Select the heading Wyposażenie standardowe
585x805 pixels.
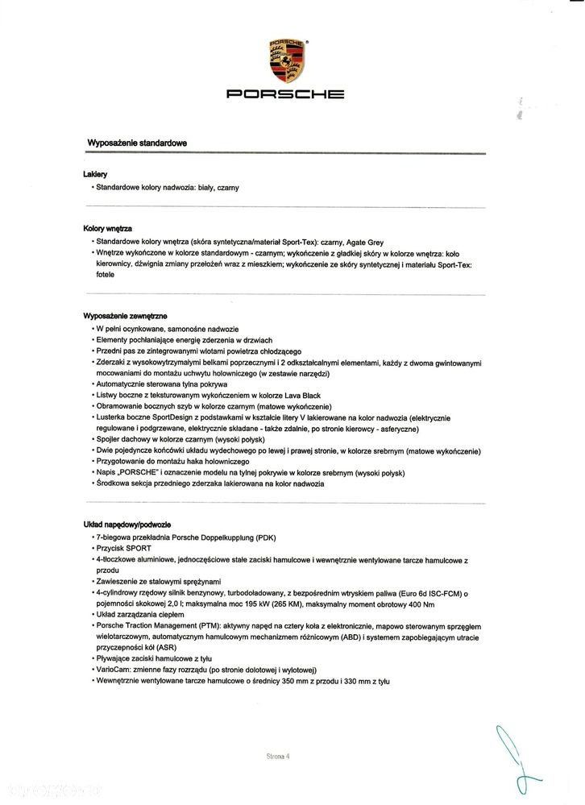tap(137, 143)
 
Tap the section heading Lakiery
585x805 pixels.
tap(95, 174)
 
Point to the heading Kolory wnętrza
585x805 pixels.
tap(107, 230)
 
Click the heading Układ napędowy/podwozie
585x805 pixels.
tap(127, 524)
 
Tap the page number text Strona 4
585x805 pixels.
tap(277, 757)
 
